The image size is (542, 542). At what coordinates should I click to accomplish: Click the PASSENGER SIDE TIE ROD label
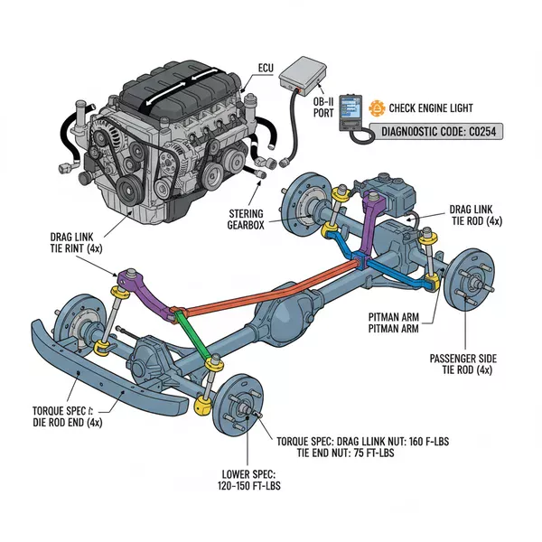(x=459, y=364)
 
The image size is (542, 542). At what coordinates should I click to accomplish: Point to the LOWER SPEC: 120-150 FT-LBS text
(x=249, y=480)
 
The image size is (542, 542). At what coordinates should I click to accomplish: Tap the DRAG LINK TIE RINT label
(x=79, y=244)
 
